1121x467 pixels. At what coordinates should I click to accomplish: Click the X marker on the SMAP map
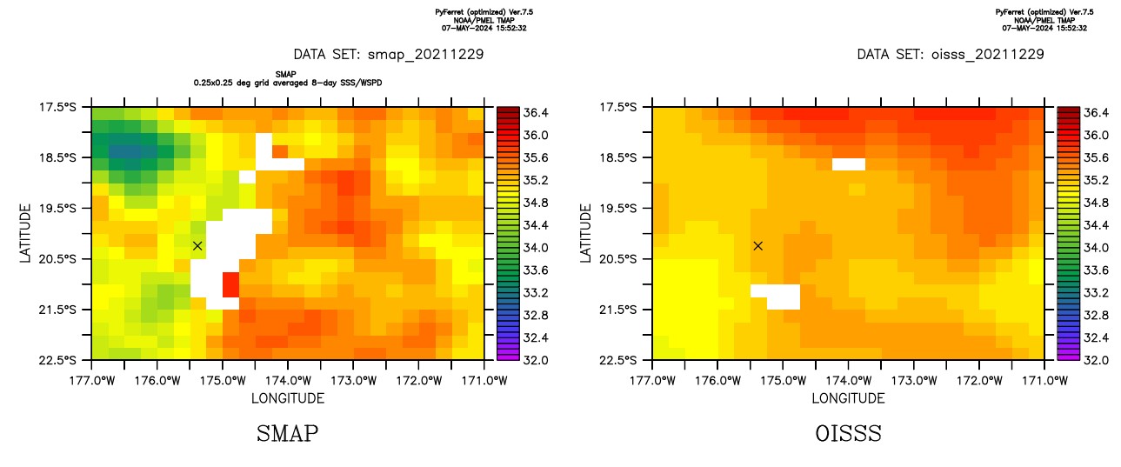tap(197, 246)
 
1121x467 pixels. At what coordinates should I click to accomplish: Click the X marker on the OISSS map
tap(758, 246)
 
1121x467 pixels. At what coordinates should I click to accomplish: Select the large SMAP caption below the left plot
tap(287, 433)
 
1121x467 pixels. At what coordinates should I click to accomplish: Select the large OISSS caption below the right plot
tap(849, 433)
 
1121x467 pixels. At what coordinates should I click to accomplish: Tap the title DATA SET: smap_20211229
tap(389, 54)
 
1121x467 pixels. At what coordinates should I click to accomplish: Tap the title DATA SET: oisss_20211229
tap(950, 54)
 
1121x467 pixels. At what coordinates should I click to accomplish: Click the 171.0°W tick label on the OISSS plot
tap(1044, 380)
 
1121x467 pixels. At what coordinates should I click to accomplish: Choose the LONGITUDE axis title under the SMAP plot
tap(288, 398)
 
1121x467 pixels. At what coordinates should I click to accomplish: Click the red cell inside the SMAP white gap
tap(230, 284)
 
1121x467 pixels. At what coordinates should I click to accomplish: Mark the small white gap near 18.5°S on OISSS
tap(849, 163)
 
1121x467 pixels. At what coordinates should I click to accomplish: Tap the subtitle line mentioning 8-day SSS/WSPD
tap(288, 83)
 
